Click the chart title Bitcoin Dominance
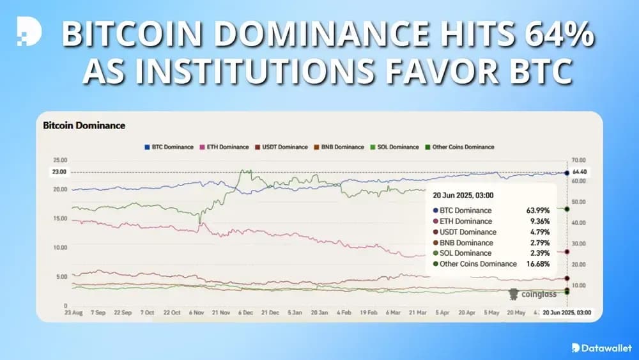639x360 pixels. [84, 126]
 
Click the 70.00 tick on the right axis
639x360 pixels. [579, 160]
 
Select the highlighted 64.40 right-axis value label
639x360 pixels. [580, 172]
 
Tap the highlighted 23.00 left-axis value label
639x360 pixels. [59, 172]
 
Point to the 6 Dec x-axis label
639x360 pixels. [246, 313]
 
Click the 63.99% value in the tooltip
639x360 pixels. [539, 210]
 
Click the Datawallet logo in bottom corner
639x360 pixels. [598, 347]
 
